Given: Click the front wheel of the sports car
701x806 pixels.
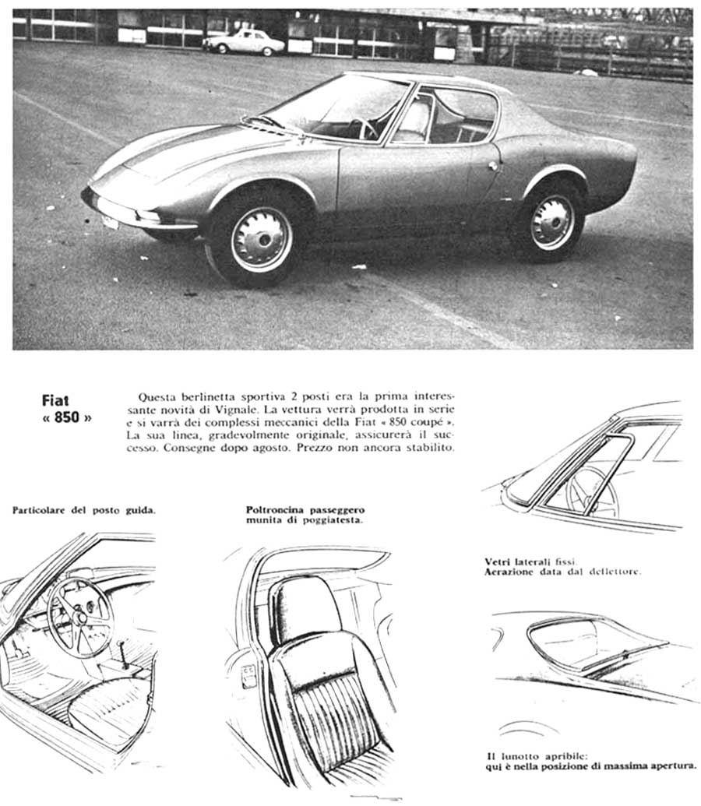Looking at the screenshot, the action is pyautogui.click(x=261, y=239).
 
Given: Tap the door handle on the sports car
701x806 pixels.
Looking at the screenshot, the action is pyautogui.click(x=492, y=166).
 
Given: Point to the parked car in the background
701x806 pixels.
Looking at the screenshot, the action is pyautogui.click(x=244, y=42).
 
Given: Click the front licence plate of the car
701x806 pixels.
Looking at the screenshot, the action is pyautogui.click(x=110, y=222).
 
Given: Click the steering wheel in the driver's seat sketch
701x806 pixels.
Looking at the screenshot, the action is pyautogui.click(x=80, y=618).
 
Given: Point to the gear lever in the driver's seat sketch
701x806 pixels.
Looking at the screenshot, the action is pyautogui.click(x=123, y=653).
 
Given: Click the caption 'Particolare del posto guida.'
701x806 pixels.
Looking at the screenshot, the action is pyautogui.click(x=83, y=511).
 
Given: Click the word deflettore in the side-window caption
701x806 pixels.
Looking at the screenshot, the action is pyautogui.click(x=613, y=571).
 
